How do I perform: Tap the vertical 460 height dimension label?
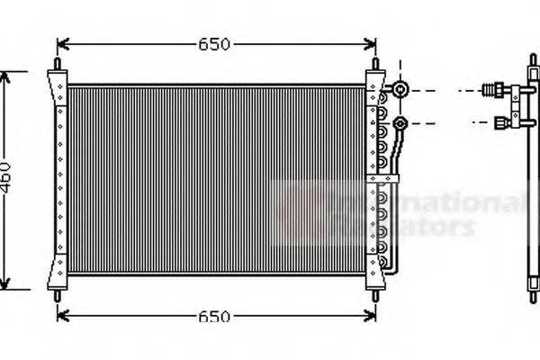click(x=6, y=180)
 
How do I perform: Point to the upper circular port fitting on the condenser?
click(x=400, y=90)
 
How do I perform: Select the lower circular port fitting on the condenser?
click(x=400, y=122)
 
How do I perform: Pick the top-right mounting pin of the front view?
click(x=376, y=67)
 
